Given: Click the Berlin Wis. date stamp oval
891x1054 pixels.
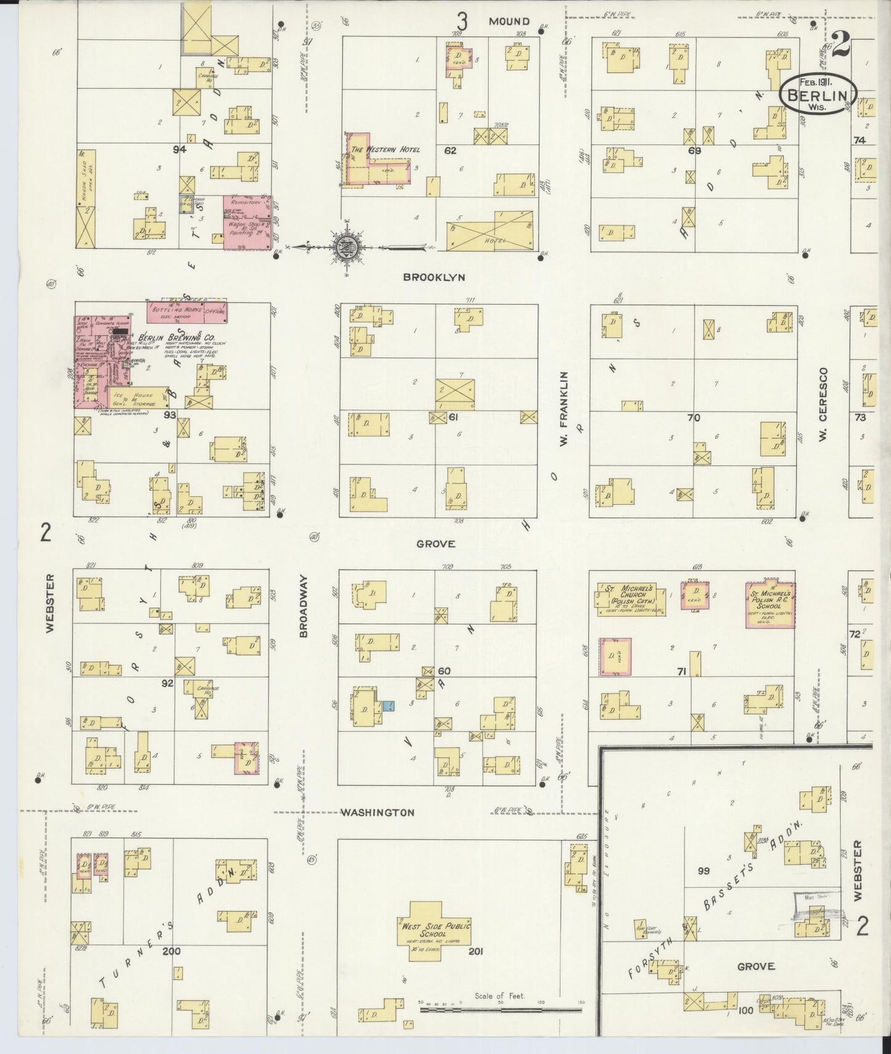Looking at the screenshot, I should [x=818, y=94].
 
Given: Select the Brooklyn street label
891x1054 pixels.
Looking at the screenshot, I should [x=433, y=277].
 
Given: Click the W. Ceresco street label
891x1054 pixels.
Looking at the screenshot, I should [x=823, y=404].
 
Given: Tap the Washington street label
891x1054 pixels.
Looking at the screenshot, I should [x=378, y=812].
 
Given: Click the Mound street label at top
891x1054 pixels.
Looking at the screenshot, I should [x=509, y=21].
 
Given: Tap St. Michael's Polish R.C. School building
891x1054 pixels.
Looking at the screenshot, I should [x=770, y=603].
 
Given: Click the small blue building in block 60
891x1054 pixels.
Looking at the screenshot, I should [x=388, y=706].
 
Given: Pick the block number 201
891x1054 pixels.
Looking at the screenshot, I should [x=475, y=951].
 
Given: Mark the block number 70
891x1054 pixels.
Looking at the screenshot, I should [x=694, y=417].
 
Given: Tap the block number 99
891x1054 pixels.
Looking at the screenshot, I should [x=704, y=871].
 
